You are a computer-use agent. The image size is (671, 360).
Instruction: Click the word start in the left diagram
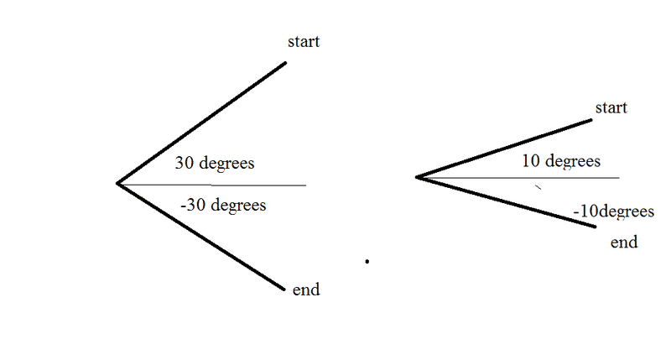(303, 41)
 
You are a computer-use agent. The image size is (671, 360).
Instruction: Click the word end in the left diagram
(306, 290)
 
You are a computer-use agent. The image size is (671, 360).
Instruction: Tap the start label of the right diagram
(611, 108)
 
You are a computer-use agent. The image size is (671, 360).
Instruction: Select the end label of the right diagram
(624, 243)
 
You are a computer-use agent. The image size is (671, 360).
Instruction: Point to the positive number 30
(185, 163)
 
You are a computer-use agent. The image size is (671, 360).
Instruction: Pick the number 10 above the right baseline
(530, 160)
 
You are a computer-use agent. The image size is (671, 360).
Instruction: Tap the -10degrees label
(614, 211)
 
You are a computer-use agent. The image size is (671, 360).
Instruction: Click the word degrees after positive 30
(226, 164)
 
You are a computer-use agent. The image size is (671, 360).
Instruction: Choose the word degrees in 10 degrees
(573, 161)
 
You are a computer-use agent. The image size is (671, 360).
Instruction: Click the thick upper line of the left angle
(201, 123)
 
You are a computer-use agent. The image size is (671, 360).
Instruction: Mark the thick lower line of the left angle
(201, 237)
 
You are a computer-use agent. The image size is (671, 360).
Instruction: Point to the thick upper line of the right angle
(503, 149)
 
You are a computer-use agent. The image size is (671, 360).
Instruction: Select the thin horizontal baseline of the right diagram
(579, 178)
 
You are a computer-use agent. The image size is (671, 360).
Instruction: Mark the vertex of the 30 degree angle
(117, 183)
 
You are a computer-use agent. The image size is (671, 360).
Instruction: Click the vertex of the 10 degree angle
(417, 177)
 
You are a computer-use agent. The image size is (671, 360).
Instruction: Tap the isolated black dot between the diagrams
(367, 262)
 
